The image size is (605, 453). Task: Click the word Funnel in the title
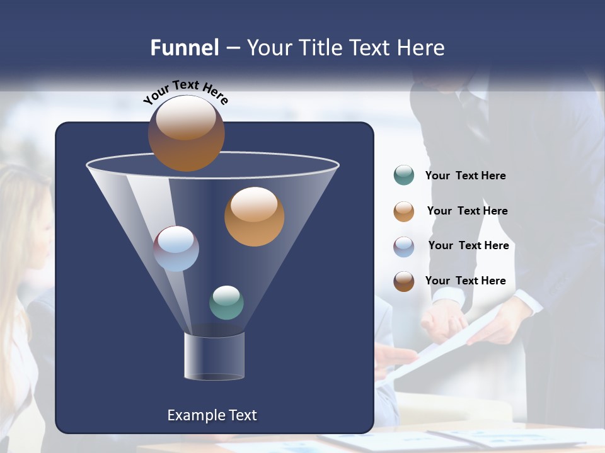(184, 48)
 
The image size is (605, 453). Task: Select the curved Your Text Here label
(185, 91)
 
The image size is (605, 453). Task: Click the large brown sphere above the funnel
(186, 133)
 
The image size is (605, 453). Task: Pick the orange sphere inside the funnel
(254, 216)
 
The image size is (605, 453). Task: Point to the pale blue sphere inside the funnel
(176, 249)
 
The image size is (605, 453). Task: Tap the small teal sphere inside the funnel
(226, 303)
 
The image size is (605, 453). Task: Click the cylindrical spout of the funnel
(214, 357)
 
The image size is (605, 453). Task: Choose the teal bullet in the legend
(404, 176)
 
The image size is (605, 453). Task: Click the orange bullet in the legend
(404, 211)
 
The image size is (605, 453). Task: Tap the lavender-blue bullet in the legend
(404, 247)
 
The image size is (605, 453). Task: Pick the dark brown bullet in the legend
(404, 281)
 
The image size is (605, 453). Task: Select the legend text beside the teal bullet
(465, 176)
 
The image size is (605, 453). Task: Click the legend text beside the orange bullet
(467, 211)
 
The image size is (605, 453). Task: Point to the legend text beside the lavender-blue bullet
(468, 245)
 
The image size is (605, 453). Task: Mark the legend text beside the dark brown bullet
(465, 281)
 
